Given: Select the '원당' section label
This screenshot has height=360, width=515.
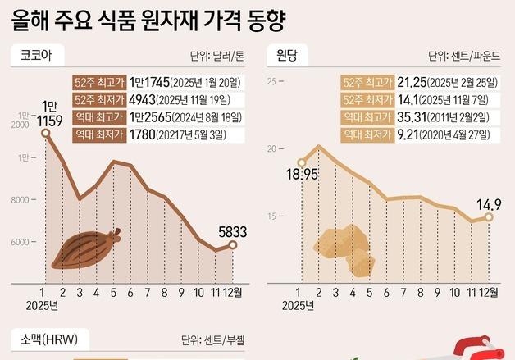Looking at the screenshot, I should pyautogui.click(x=286, y=57).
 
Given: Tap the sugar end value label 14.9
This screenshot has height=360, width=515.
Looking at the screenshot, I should pyautogui.click(x=488, y=203).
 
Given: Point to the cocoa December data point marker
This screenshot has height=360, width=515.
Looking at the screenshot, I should pyautogui.click(x=233, y=245).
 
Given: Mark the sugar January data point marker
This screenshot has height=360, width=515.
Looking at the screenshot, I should pyautogui.click(x=301, y=163).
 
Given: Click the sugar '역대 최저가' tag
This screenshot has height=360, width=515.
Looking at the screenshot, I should pyautogui.click(x=367, y=134).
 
